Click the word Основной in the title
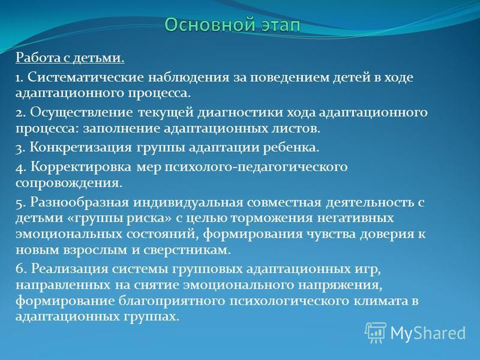(209, 25)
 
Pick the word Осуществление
(81, 113)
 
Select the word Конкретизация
(80, 148)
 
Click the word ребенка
(291, 148)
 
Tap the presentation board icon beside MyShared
(376, 332)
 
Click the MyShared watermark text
(428, 333)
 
